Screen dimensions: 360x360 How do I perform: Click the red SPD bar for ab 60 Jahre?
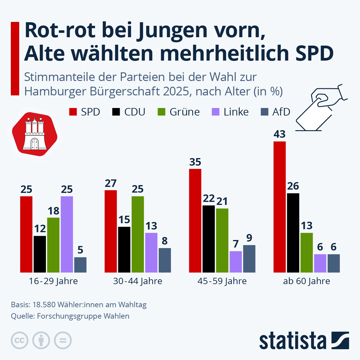coord(279,207)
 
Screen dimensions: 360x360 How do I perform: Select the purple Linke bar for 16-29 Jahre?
coord(67,234)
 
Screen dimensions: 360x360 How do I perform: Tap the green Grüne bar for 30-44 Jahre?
coord(138,234)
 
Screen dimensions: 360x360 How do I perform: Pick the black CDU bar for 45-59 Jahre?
coord(208,239)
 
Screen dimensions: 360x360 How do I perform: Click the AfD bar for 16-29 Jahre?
coord(80,265)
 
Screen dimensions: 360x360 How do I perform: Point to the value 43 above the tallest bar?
coord(279,134)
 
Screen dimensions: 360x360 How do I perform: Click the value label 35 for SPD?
coord(195,162)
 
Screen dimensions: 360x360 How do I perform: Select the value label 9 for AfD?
coord(249,238)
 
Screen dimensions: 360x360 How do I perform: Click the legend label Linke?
coord(236,112)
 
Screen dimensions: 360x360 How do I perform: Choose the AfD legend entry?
coord(276,112)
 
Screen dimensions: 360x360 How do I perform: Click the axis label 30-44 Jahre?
coord(138,281)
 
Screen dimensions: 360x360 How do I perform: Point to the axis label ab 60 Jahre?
coord(306,281)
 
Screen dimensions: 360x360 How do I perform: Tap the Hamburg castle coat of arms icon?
coord(34,135)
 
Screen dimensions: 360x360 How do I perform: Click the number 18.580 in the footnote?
coord(44,305)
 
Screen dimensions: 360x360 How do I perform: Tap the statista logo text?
coord(292,341)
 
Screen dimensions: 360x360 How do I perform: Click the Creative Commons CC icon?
coord(19,340)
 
